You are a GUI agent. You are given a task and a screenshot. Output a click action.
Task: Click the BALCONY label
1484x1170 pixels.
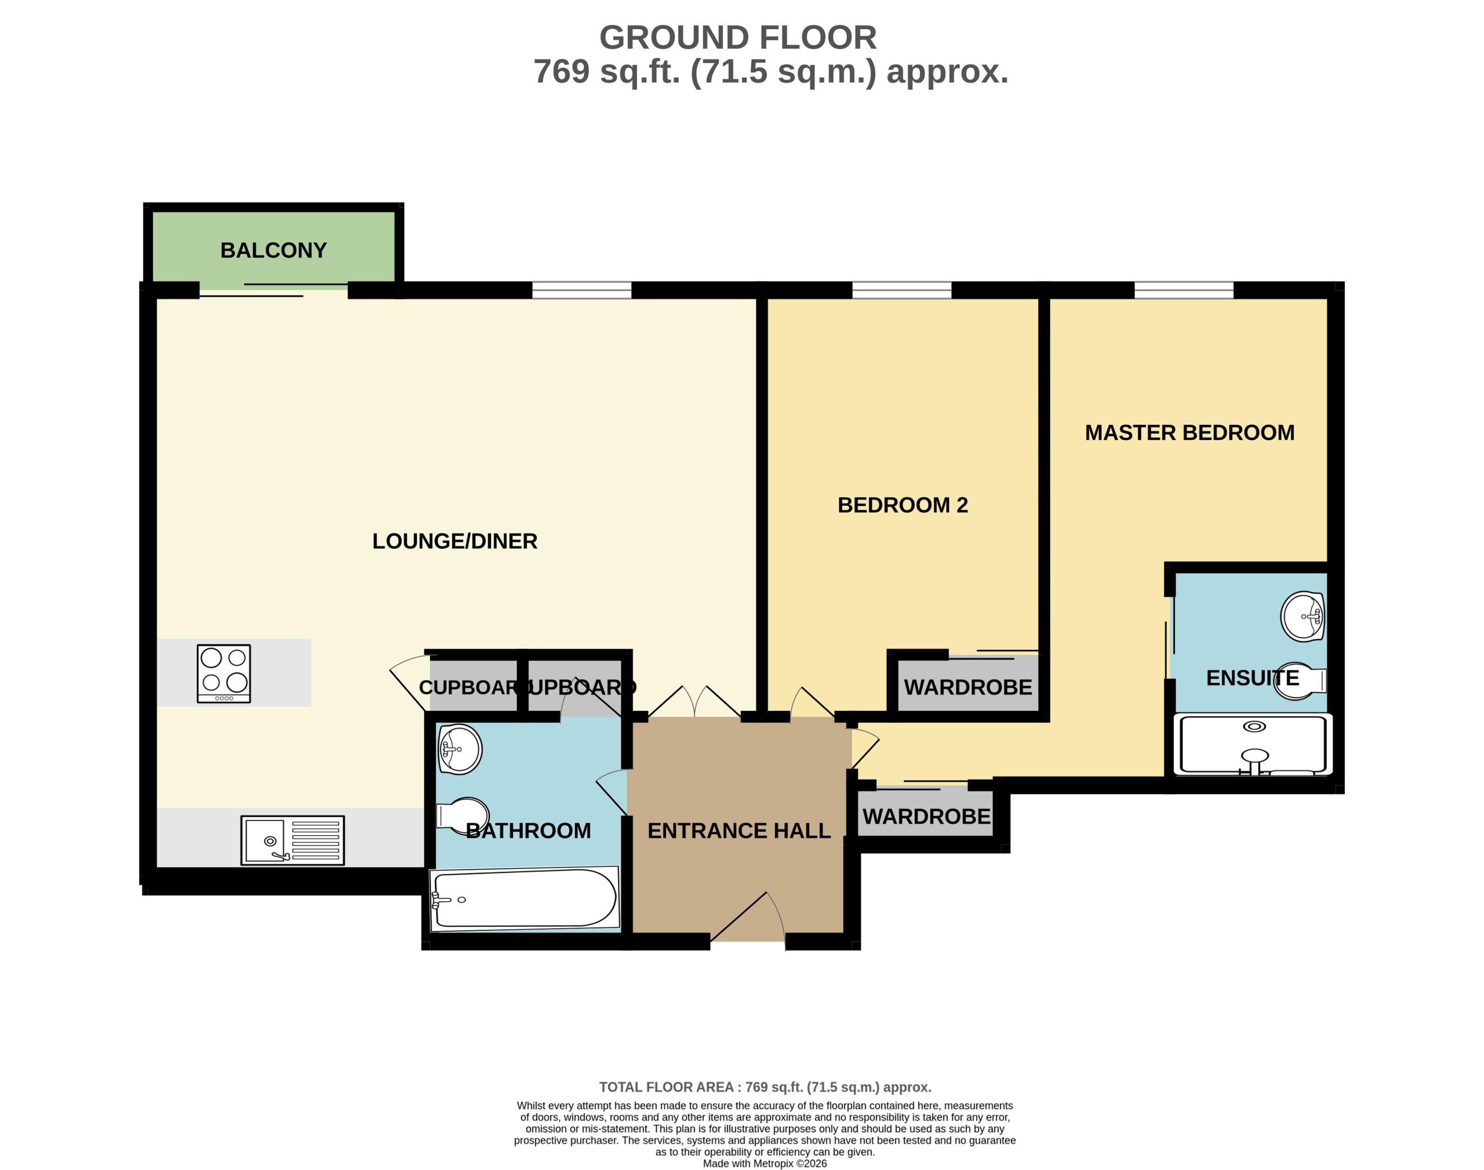click(x=273, y=250)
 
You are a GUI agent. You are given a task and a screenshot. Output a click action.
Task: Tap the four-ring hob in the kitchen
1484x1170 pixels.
click(x=224, y=673)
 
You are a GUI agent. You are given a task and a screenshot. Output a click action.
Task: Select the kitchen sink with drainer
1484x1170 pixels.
click(x=292, y=840)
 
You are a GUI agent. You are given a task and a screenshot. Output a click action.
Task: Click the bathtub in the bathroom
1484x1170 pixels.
click(x=525, y=899)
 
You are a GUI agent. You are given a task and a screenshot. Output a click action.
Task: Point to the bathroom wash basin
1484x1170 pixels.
click(x=460, y=749)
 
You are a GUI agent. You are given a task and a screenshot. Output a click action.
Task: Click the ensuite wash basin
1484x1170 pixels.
click(x=1303, y=617)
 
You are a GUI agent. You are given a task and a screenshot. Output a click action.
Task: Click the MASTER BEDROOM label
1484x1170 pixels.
click(x=1190, y=433)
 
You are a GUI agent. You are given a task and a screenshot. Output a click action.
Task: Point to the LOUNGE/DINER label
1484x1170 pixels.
click(x=455, y=541)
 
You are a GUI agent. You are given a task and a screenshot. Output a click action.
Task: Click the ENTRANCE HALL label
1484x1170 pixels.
click(x=739, y=831)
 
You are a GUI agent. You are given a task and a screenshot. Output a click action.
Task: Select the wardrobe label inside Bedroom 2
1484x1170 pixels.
click(x=968, y=687)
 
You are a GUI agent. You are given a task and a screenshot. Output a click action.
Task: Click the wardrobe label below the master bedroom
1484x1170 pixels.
click(x=926, y=817)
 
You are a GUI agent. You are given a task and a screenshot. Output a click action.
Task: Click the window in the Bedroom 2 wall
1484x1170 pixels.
click(x=902, y=290)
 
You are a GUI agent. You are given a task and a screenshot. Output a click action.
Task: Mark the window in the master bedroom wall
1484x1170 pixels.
click(x=1184, y=290)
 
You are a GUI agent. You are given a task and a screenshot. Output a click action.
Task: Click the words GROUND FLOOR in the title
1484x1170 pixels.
click(x=738, y=38)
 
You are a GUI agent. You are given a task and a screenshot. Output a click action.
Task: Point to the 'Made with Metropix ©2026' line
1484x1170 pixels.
click(x=765, y=1163)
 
